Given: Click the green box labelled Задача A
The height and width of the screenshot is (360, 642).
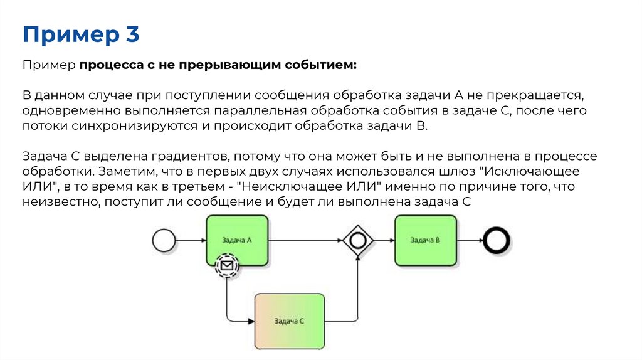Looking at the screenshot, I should click(x=237, y=240).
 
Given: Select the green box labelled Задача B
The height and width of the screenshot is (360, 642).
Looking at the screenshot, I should click(x=425, y=240).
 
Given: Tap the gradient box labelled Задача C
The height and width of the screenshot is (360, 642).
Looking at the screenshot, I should click(x=289, y=320).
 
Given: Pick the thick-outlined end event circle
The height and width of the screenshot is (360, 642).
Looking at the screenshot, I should click(x=496, y=240).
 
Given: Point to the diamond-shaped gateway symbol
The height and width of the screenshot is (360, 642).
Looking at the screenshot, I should click(x=358, y=240).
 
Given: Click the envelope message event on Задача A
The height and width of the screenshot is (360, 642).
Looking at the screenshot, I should click(x=227, y=266).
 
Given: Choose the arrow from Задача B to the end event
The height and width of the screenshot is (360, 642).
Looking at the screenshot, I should click(x=470, y=240).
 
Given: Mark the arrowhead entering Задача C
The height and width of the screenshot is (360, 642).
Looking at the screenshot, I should click(x=250, y=321).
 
